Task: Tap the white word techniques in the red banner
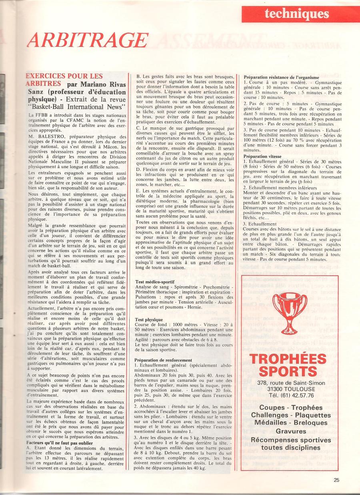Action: [296, 14]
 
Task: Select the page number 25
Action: [336, 480]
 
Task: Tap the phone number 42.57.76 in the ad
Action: [301, 395]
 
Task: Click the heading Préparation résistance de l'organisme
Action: [281, 77]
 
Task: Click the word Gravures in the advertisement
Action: [291, 431]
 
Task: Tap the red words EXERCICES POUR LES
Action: [64, 76]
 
